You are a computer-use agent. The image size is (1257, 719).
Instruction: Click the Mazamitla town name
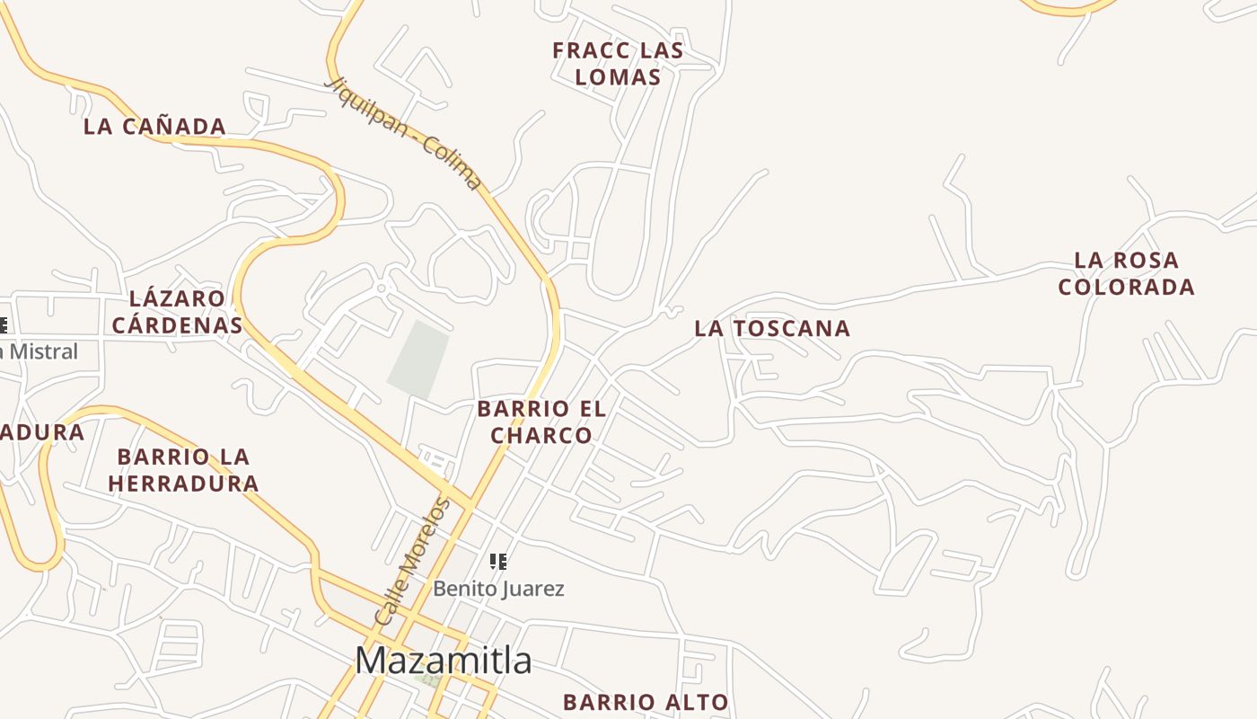click(x=444, y=661)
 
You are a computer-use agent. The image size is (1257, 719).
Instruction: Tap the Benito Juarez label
click(x=498, y=589)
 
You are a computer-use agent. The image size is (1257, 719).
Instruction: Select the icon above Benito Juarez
click(x=498, y=562)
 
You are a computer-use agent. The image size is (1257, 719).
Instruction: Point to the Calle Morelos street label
click(x=412, y=563)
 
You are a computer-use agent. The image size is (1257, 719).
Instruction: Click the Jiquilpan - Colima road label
click(x=405, y=134)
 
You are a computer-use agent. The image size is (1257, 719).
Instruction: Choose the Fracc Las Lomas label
click(x=618, y=64)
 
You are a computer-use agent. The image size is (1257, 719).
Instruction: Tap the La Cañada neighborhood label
click(x=154, y=127)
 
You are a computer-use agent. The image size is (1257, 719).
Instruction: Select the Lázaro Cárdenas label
click(x=177, y=311)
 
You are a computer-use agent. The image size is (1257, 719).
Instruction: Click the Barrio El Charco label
click(x=541, y=422)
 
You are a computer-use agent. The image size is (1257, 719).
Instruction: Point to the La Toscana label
click(x=772, y=329)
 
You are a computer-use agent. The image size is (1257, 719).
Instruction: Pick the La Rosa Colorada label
click(x=1126, y=274)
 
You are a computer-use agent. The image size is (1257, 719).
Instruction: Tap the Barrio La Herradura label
click(x=184, y=470)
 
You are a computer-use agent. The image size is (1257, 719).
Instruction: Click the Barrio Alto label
click(x=646, y=702)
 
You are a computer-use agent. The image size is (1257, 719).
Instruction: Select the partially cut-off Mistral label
click(x=40, y=351)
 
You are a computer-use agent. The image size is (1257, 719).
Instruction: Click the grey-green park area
click(x=418, y=359)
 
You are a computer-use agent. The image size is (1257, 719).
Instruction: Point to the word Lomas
click(x=618, y=77)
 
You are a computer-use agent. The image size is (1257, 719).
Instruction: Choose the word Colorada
click(x=1126, y=288)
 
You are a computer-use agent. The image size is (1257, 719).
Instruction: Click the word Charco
click(x=541, y=436)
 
